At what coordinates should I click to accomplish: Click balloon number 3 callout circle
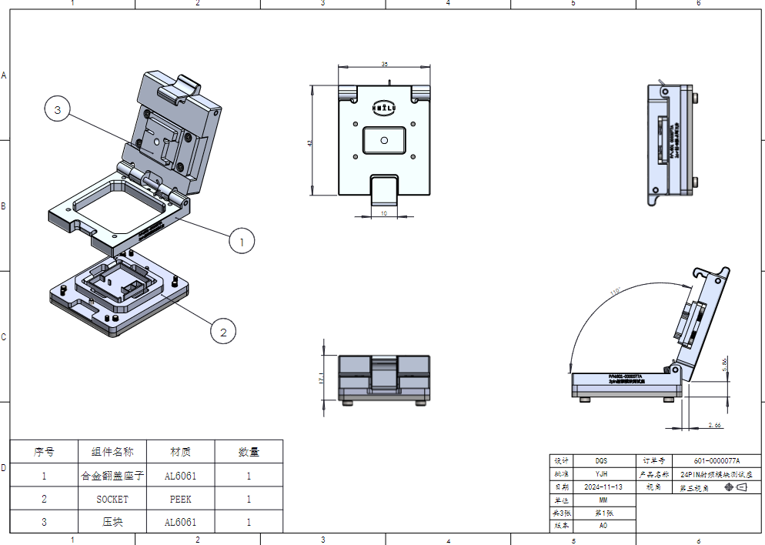(x=58, y=110)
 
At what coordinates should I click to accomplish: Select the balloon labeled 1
(x=242, y=241)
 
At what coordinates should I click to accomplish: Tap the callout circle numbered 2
(x=223, y=332)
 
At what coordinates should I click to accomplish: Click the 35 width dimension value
(x=384, y=65)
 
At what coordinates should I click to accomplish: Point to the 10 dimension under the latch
(x=384, y=213)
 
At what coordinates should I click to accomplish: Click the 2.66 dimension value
(x=713, y=425)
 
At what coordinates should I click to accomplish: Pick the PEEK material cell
(x=180, y=499)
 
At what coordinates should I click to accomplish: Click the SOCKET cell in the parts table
(x=112, y=499)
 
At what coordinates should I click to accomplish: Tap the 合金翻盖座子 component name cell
(x=112, y=476)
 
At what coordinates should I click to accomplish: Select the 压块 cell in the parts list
(x=112, y=522)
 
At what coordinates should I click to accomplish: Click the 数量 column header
(x=249, y=452)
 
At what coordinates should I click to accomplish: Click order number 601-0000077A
(x=716, y=460)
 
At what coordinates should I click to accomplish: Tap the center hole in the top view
(x=383, y=141)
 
